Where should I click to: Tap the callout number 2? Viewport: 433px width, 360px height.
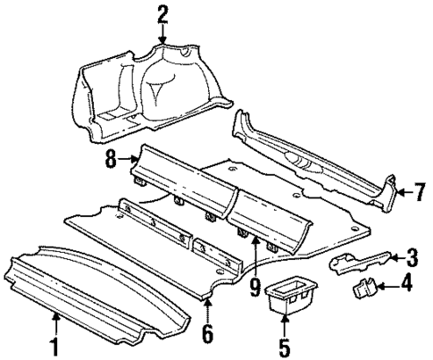pos(162,13)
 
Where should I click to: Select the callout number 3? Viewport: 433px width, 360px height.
pos(412,259)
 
